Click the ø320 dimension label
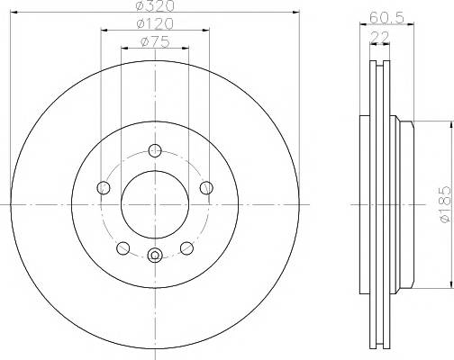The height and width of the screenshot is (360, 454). tap(155, 5)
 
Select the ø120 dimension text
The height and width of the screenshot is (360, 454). tap(155, 23)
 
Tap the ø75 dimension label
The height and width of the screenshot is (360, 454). tap(155, 42)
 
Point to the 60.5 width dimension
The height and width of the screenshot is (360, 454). tap(386, 18)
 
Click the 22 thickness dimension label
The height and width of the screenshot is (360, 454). tap(380, 37)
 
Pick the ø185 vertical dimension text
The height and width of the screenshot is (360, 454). tap(445, 204)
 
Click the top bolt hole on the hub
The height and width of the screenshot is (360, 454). tap(155, 150)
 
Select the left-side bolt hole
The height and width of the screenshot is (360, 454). tap(104, 188)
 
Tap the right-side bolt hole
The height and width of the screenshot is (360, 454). tap(206, 188)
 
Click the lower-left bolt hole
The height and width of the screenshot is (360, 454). tap(123, 248)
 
